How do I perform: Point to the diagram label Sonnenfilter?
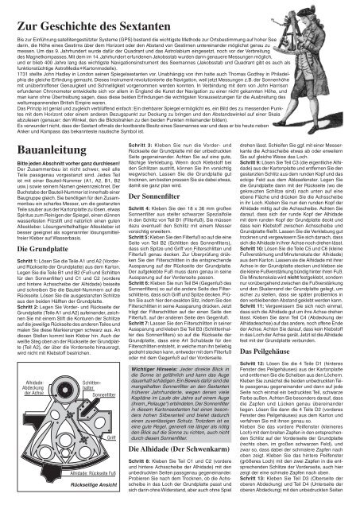click(99, 394)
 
